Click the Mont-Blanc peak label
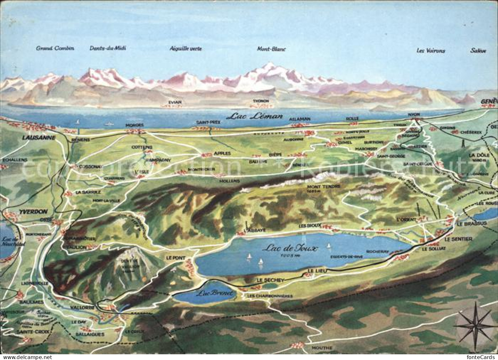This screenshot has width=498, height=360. (271, 49)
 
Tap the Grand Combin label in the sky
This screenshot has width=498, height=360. (55, 48)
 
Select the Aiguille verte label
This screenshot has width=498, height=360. (186, 49)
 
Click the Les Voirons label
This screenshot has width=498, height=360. (431, 51)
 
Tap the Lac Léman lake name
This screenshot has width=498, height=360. (254, 116)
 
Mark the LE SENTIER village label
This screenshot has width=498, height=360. (459, 239)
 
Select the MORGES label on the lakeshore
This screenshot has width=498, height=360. (135, 125)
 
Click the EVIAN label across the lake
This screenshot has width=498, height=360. (175, 102)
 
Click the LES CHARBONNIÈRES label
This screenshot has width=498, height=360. (270, 296)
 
